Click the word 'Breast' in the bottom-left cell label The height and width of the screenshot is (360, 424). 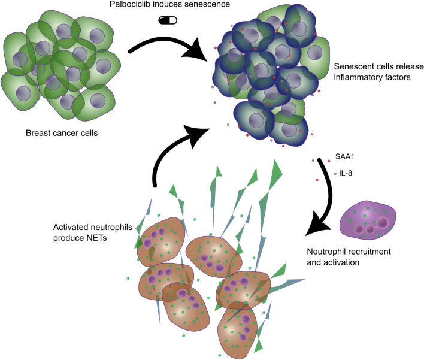37,133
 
